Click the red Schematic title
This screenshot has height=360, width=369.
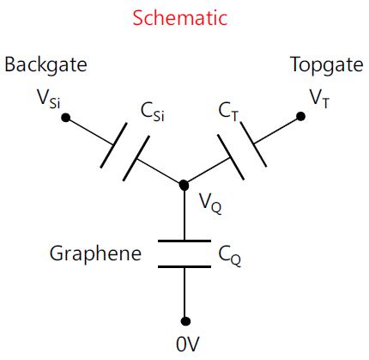tap(180, 18)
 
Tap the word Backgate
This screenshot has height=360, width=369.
tap(45, 65)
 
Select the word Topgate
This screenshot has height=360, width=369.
tap(327, 65)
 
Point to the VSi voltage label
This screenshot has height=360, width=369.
tap(49, 99)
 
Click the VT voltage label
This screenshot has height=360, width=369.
tap(320, 99)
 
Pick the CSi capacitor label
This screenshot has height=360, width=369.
tap(153, 112)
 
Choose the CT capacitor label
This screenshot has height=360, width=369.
tap(228, 112)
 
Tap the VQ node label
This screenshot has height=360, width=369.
tap(210, 204)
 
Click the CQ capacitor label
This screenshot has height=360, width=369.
tap(230, 256)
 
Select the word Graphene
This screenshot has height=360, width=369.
tap(95, 254)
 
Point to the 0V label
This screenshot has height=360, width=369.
tap(187, 344)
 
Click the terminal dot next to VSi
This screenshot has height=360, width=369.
tap(66, 118)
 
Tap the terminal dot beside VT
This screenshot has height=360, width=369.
tap(300, 117)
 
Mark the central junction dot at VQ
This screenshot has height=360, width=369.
tap(184, 186)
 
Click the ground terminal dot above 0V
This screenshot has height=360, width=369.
tap(185, 321)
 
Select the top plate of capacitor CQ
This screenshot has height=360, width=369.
tap(184, 241)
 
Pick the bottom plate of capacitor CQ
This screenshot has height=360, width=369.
tap(184, 266)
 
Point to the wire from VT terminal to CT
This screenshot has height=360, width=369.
tap(277, 130)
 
